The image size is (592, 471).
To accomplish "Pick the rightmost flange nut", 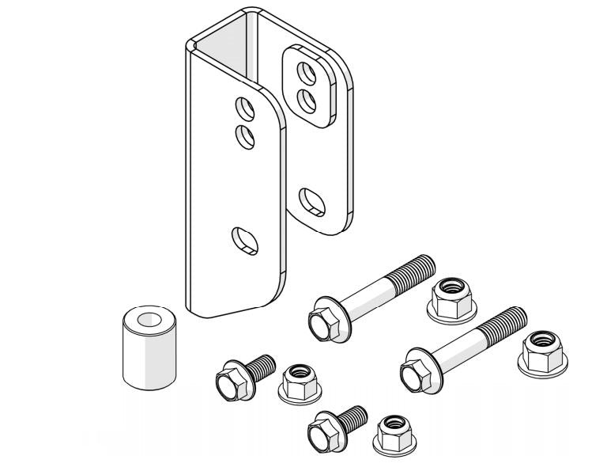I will (x=543, y=351).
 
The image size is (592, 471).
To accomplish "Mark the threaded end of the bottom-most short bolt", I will (x=356, y=414).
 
